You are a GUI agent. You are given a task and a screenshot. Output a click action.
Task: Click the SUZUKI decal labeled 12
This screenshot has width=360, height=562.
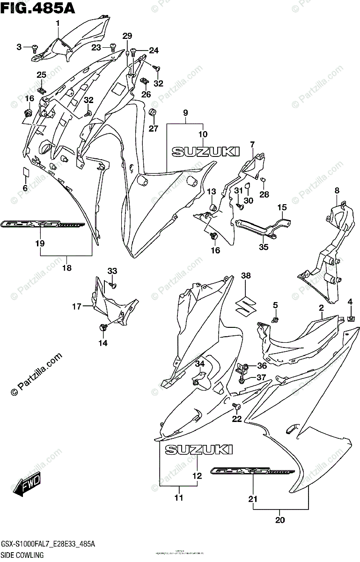pyautogui.click(x=198, y=450)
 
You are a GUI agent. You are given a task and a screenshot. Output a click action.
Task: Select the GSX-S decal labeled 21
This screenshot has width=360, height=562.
pyautogui.click(x=253, y=471)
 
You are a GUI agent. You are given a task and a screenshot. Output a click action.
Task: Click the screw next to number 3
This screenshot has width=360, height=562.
pyautogui.click(x=34, y=47)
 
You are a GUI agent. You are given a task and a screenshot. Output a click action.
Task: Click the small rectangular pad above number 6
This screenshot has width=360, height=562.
pyautogui.click(x=26, y=172)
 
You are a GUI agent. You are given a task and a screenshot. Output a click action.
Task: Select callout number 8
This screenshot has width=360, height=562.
pyautogui.click(x=336, y=190)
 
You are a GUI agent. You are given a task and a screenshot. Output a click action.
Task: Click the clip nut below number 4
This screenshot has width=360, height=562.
pyautogui.click(x=350, y=319)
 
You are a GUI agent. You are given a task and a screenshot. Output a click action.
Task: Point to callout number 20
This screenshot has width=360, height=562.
pyautogui.click(x=279, y=519)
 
